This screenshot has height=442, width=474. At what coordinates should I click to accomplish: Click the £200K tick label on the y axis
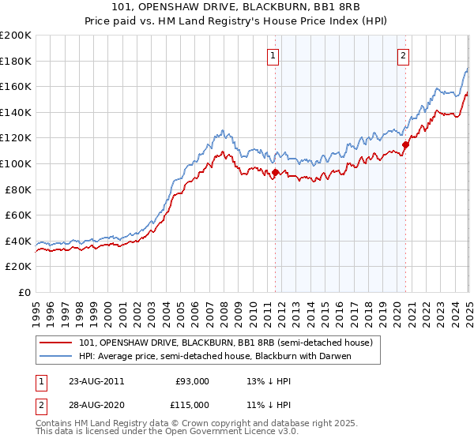(16, 36)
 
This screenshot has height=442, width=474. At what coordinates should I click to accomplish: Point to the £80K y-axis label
(18, 189)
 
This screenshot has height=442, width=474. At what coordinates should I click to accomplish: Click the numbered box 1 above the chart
(273, 55)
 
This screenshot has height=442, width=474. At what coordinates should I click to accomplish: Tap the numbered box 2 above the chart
(403, 55)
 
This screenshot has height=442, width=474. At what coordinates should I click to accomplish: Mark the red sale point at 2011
(275, 172)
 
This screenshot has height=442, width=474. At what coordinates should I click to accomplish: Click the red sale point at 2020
(405, 144)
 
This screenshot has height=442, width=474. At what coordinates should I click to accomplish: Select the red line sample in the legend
(55, 343)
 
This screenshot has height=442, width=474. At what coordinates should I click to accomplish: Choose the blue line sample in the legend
(55, 356)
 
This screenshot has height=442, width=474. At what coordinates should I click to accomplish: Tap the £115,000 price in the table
(192, 404)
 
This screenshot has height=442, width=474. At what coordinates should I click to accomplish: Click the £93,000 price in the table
(192, 381)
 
